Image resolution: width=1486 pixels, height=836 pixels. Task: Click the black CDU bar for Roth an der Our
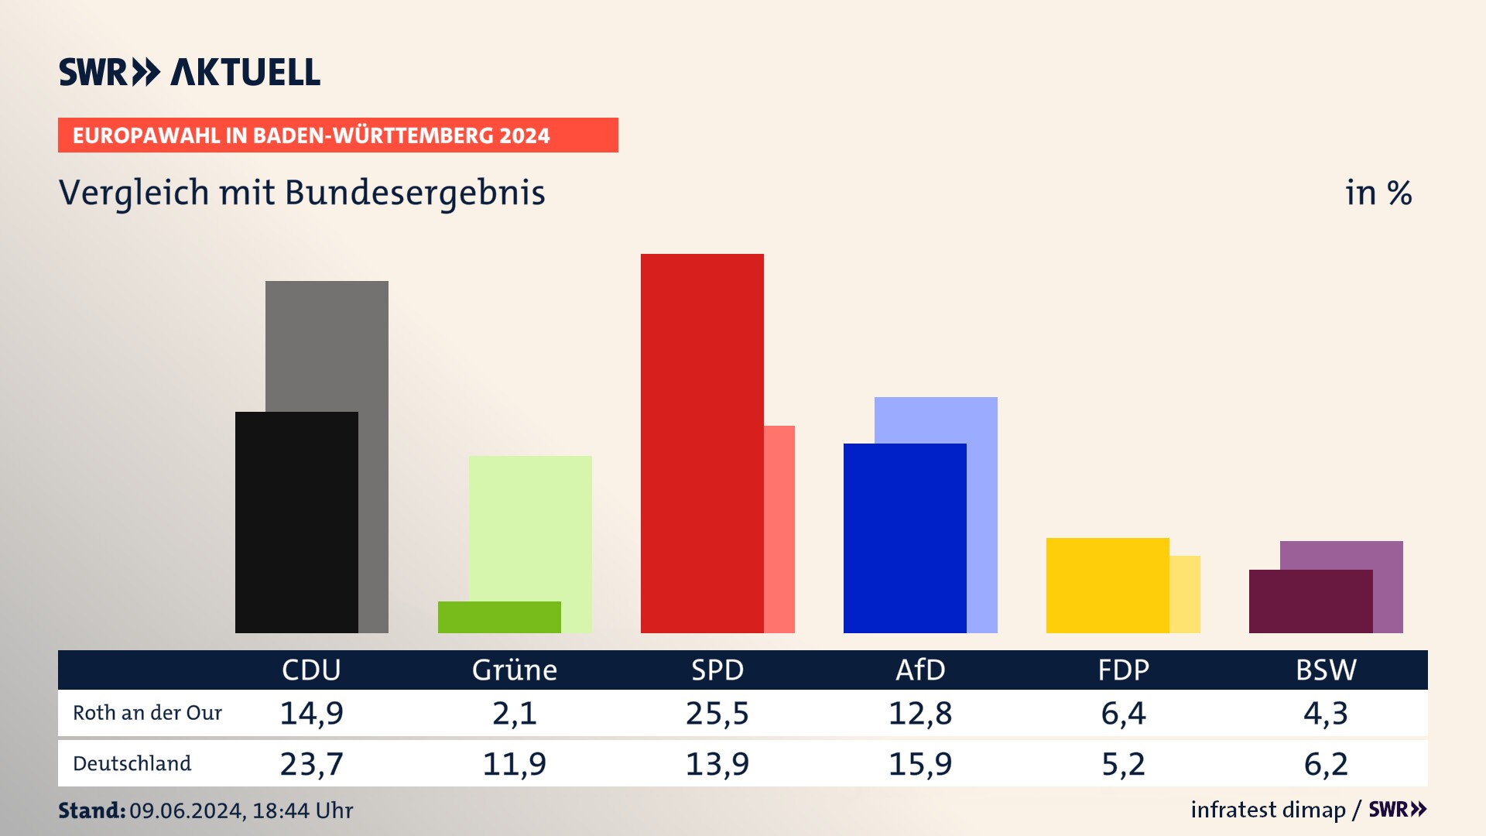pos(296,522)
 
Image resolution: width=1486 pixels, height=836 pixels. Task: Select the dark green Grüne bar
pos(499,617)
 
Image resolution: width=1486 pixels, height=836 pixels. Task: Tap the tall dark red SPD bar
pos(702,443)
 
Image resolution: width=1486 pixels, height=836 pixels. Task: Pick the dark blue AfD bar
pos(905,538)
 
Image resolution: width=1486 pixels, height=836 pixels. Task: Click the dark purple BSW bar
pos(1310,601)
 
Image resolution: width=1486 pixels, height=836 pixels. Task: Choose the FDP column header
pos(1123,670)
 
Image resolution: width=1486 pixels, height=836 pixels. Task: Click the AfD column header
pos(920,670)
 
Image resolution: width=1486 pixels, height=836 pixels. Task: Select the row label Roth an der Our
pos(147,713)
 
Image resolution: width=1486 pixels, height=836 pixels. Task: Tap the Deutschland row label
pos(132,764)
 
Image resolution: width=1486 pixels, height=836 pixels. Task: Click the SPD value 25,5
pos(717,713)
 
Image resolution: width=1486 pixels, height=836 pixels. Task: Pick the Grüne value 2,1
pos(515,713)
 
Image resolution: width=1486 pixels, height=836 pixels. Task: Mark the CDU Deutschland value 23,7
pos(311,764)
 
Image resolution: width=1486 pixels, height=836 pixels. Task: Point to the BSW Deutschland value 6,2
pos(1326,764)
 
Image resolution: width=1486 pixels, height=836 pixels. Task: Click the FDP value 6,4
pos(1123,713)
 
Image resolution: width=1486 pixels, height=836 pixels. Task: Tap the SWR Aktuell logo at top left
pos(190,72)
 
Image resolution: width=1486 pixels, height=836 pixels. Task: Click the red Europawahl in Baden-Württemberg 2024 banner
pos(337,135)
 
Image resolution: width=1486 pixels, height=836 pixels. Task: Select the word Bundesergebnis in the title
pos(415,193)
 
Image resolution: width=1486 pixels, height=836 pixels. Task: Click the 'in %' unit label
pos(1378,193)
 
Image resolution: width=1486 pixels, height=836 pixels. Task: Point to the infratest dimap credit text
pos(1268,810)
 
